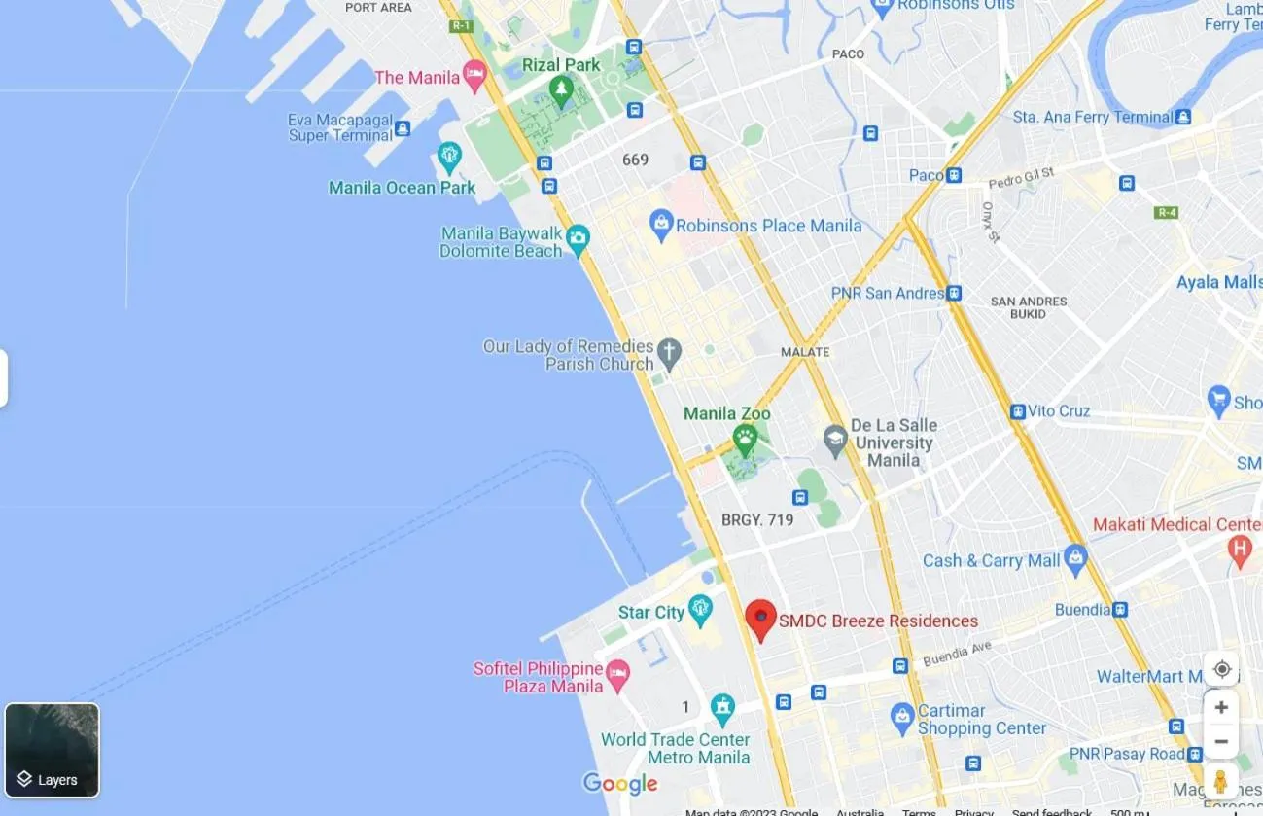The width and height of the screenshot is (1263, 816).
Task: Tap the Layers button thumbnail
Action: pyautogui.click(x=53, y=750)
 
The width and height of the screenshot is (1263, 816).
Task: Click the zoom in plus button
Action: pyautogui.click(x=1221, y=707)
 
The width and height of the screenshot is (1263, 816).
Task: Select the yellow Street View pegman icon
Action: pyautogui.click(x=1221, y=780)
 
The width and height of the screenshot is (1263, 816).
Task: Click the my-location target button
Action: pyautogui.click(x=1221, y=669)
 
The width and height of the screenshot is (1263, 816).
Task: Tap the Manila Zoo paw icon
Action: pyautogui.click(x=746, y=440)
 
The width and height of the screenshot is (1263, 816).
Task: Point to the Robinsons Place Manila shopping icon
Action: pyautogui.click(x=661, y=225)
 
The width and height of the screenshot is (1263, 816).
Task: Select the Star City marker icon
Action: pyautogui.click(x=700, y=611)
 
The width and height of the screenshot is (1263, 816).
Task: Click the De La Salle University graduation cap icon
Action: pyautogui.click(x=834, y=441)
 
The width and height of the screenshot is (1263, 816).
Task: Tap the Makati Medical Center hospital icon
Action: pyautogui.click(x=1240, y=550)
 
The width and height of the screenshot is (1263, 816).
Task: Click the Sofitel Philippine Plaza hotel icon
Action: pyautogui.click(x=617, y=672)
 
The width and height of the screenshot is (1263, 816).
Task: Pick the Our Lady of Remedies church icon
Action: pyautogui.click(x=668, y=352)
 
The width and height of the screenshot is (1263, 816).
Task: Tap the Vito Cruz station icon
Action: pyautogui.click(x=1017, y=411)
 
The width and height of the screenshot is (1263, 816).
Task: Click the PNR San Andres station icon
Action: pyautogui.click(x=954, y=293)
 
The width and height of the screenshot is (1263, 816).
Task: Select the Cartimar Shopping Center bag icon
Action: pyautogui.click(x=902, y=717)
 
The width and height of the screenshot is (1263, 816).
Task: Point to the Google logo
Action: pyautogui.click(x=620, y=783)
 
